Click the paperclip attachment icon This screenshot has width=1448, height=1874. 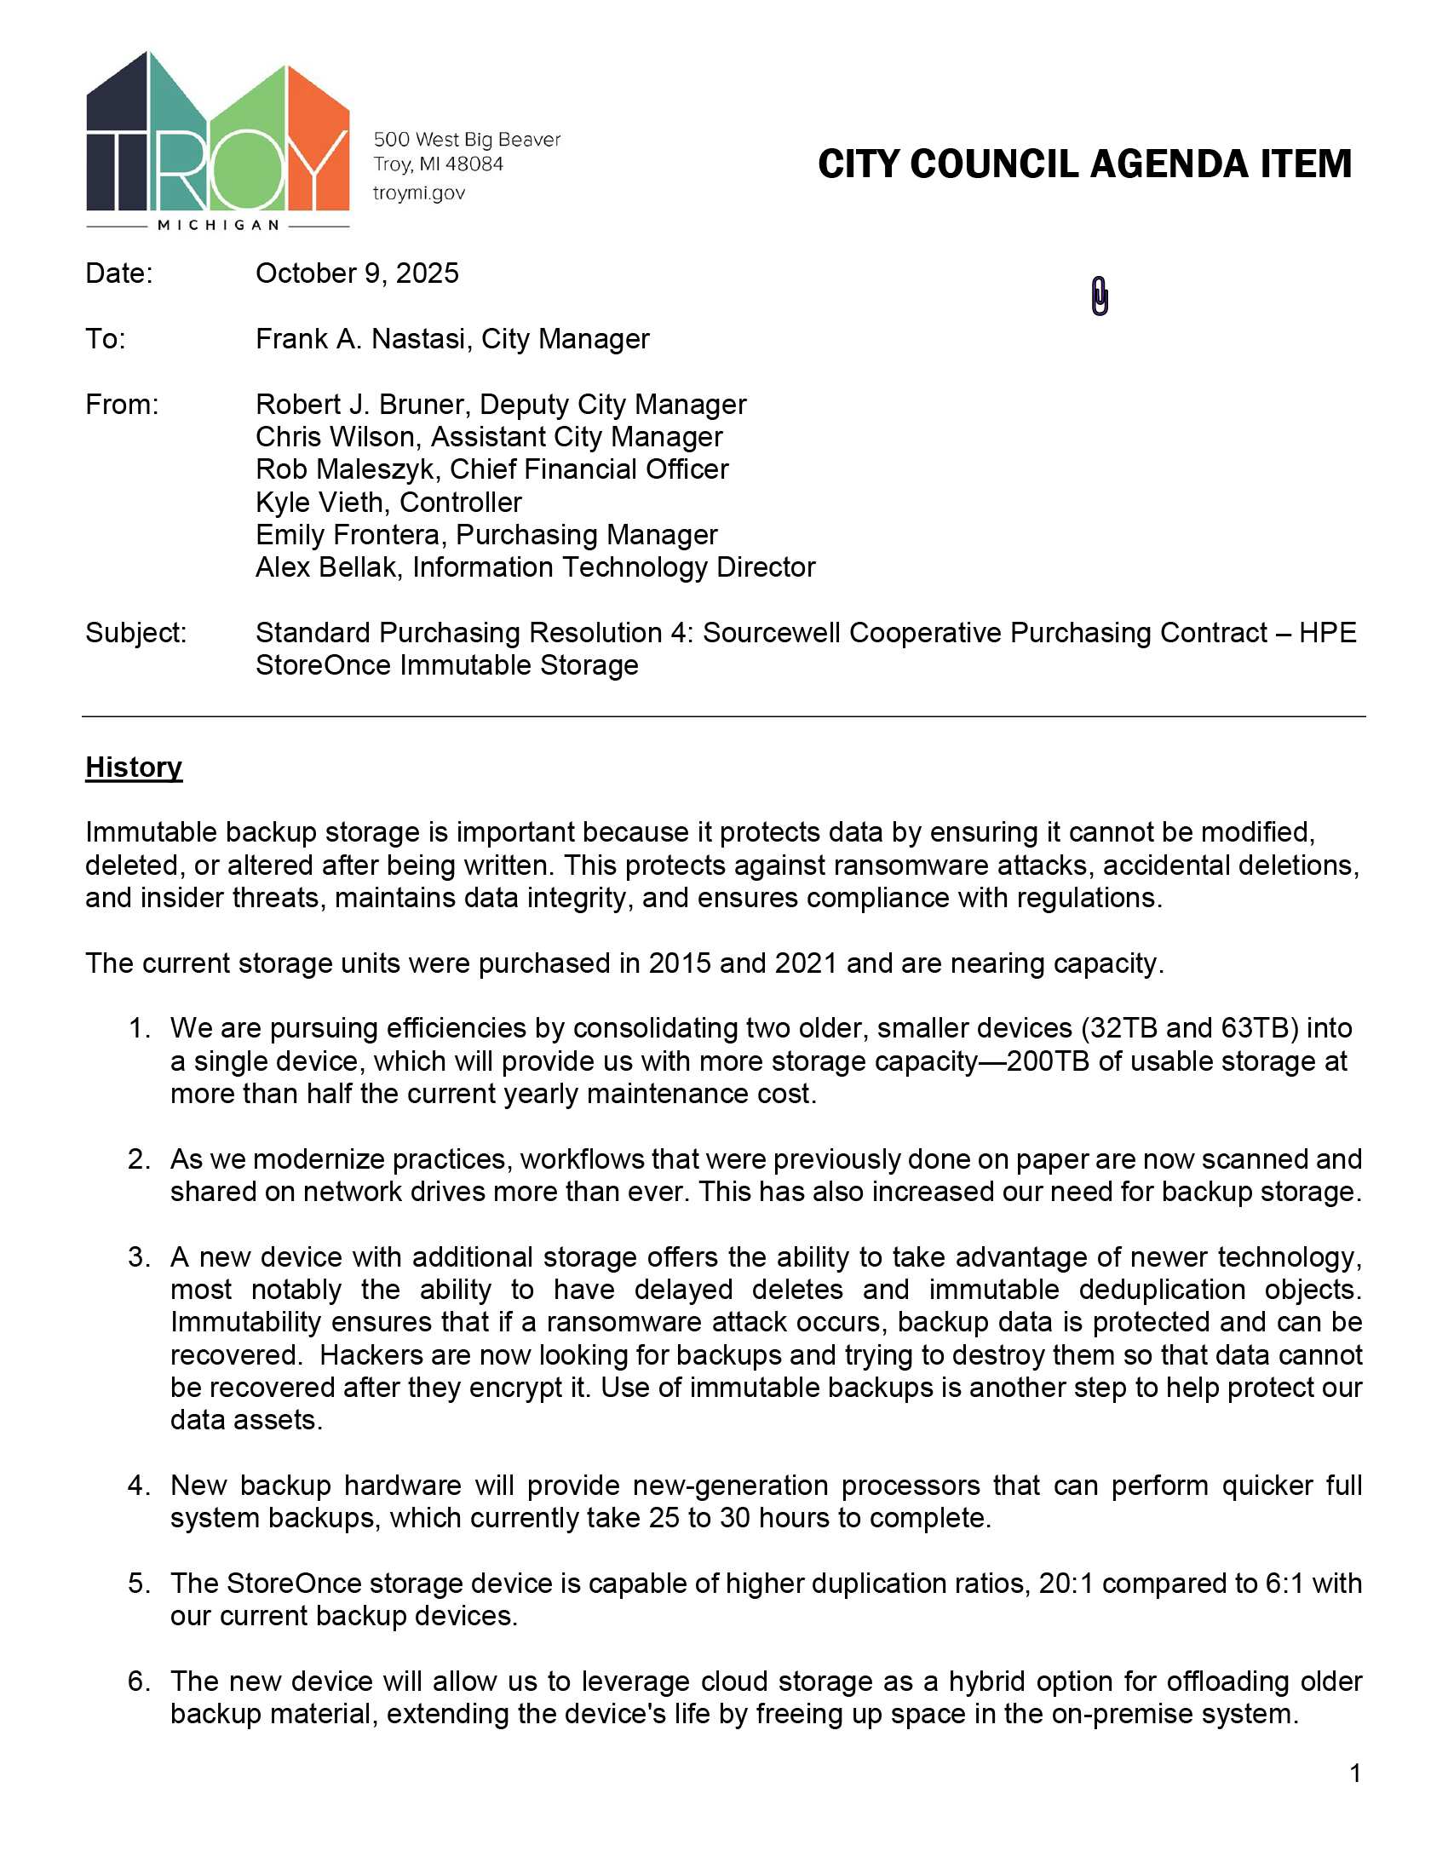pos(1100,296)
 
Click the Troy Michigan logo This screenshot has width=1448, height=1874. pos(218,137)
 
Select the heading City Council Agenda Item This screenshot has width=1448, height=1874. pos(1084,164)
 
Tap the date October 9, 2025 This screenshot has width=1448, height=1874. pos(357,273)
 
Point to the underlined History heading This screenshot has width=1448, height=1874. pos(134,767)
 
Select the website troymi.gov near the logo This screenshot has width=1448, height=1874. pos(418,193)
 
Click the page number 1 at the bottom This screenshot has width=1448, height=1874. pos(1354,1773)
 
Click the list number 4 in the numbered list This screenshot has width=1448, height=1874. pos(139,1486)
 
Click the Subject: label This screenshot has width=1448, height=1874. pos(135,632)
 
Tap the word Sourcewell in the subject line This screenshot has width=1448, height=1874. pos(771,632)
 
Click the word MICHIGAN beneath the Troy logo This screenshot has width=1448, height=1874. pos(219,225)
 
